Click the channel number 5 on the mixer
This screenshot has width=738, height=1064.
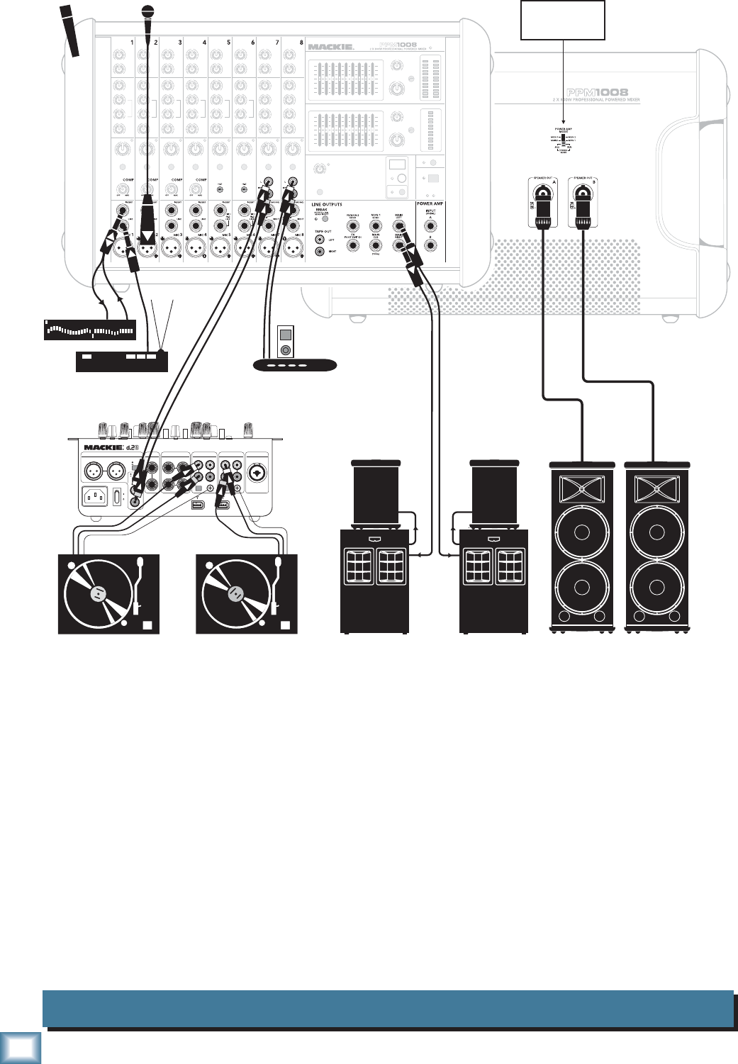228,43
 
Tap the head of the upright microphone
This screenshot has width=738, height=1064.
147,11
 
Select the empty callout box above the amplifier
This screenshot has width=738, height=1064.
563,20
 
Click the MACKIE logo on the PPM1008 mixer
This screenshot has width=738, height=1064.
330,47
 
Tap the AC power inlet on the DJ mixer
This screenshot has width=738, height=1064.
95,495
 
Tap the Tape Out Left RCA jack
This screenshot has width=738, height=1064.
320,240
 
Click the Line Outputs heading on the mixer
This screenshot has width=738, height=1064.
327,204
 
